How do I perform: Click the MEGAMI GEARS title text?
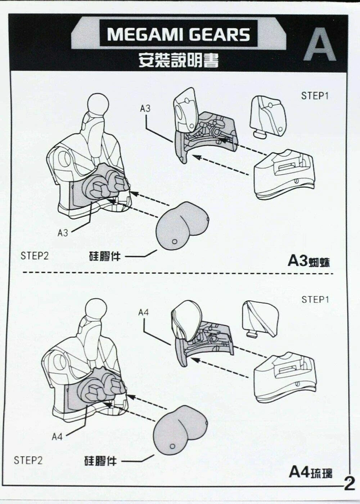click(178, 35)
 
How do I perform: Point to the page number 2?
click(349, 483)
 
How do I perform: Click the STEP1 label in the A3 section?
click(315, 96)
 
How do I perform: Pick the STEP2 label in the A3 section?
click(35, 256)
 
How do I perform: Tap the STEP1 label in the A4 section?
click(315, 300)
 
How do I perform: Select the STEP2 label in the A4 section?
click(28, 460)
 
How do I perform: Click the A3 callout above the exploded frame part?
click(145, 109)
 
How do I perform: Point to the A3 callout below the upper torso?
click(63, 233)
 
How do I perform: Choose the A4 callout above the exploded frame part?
click(143, 312)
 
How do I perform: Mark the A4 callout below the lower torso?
click(57, 437)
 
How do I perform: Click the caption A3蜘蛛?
click(308, 261)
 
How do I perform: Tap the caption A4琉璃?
click(310, 472)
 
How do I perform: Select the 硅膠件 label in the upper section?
click(105, 256)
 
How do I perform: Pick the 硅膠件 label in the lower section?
click(100, 461)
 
